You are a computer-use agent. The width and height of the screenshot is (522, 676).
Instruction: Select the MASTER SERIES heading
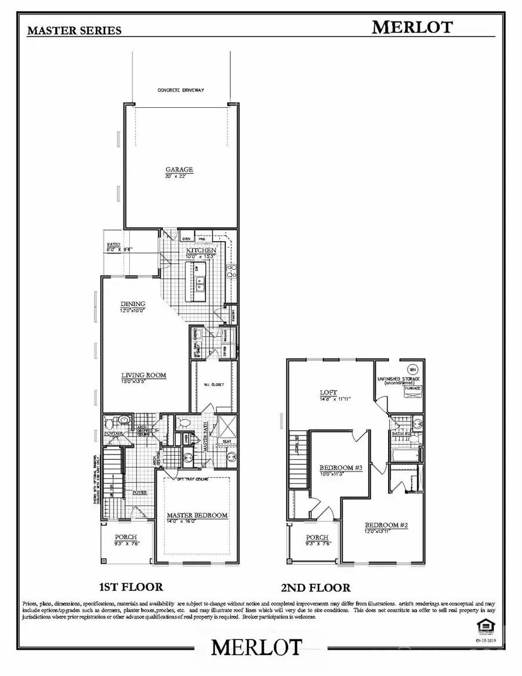pos(74,31)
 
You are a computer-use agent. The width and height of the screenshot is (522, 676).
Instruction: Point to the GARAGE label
pos(179,170)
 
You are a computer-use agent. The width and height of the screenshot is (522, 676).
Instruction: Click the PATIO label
pos(113,246)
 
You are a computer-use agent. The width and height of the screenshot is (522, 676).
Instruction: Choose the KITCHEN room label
pos(198,250)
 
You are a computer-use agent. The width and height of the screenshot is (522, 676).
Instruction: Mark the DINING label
pos(133,304)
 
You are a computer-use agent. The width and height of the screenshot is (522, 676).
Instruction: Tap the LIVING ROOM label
pos(143,375)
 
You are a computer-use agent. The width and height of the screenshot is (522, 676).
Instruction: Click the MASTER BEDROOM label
pos(197,515)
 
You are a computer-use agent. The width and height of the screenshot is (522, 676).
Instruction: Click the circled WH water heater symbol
pos(412,369)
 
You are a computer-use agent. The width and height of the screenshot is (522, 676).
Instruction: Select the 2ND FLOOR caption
pos(316,587)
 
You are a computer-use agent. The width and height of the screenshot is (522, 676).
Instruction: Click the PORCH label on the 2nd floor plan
pos(317,537)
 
